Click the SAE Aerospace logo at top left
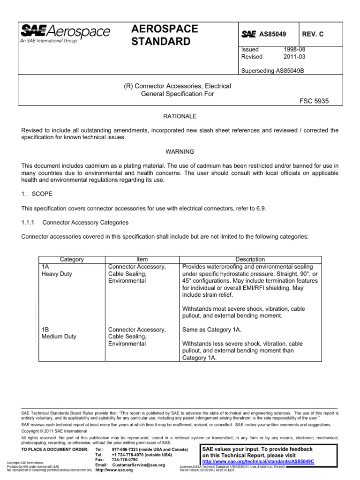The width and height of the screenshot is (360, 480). (x=65, y=34)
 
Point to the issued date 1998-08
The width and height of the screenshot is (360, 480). (x=293, y=49)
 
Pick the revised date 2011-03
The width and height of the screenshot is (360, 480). (x=293, y=57)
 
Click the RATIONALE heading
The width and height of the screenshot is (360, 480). (x=180, y=116)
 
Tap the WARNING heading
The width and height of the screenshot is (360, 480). (x=180, y=152)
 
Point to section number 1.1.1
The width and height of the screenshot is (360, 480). (x=30, y=222)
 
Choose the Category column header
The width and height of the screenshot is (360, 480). (x=72, y=259)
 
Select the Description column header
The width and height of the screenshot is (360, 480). (x=250, y=259)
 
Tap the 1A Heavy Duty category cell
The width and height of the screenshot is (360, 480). (x=56, y=270)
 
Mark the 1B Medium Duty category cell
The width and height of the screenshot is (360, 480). (x=59, y=333)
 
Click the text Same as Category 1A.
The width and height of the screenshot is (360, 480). (x=211, y=330)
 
